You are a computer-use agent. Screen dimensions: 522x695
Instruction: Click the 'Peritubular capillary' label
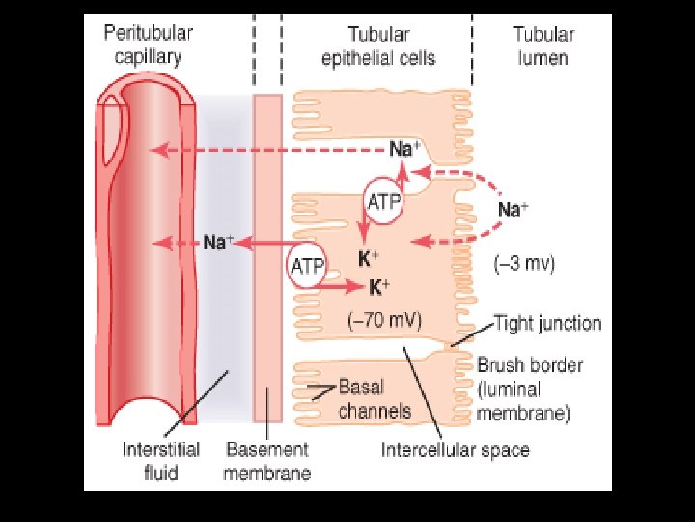click(x=148, y=45)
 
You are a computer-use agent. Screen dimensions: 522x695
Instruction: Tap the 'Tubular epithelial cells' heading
click(x=377, y=45)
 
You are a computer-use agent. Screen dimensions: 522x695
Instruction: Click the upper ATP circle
click(x=385, y=201)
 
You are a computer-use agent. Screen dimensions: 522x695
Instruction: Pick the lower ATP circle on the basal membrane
click(x=305, y=266)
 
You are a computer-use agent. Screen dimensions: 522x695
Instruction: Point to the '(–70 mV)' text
click(x=384, y=317)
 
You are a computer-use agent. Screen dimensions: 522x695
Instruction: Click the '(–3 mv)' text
click(x=524, y=263)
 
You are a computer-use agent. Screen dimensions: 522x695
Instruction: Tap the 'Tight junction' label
click(x=547, y=323)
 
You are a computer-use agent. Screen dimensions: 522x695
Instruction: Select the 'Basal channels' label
click(x=375, y=398)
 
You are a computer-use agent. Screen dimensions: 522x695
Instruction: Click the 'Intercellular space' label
click(x=455, y=449)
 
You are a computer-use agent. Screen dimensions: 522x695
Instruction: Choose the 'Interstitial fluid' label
click(x=161, y=460)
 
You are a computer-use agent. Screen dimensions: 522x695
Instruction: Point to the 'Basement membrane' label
click(x=267, y=460)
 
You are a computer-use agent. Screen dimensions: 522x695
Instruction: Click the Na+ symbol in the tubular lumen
click(x=513, y=209)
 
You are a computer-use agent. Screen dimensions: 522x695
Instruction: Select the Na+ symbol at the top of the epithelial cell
click(x=404, y=149)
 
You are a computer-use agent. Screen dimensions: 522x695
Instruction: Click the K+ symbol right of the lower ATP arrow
click(x=379, y=287)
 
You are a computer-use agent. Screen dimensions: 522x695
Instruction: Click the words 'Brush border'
click(x=529, y=366)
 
